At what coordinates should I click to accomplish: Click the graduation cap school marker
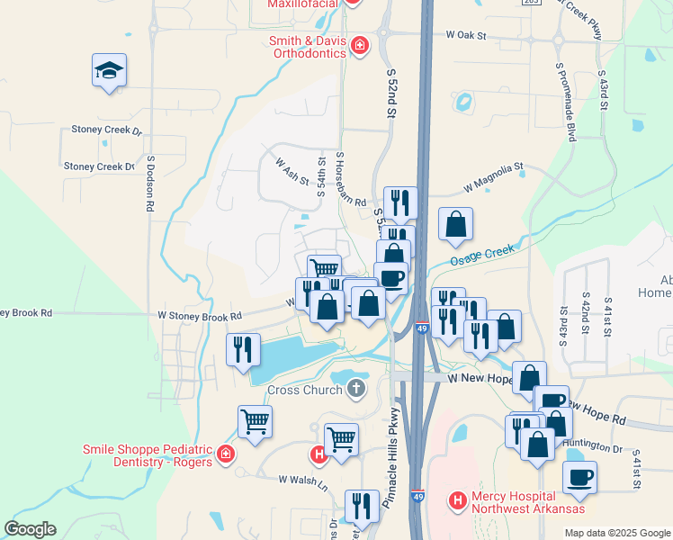pos(109,71)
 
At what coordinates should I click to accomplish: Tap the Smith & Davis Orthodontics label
pos(308,47)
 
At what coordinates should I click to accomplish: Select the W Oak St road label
pos(465,36)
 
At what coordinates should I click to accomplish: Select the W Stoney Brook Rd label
pos(200,316)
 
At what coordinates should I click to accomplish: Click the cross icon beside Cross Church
pos(356,390)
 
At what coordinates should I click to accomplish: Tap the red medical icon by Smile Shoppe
pos(224,455)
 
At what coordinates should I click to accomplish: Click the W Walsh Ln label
pos(302,480)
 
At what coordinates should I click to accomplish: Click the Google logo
pos(30,529)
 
